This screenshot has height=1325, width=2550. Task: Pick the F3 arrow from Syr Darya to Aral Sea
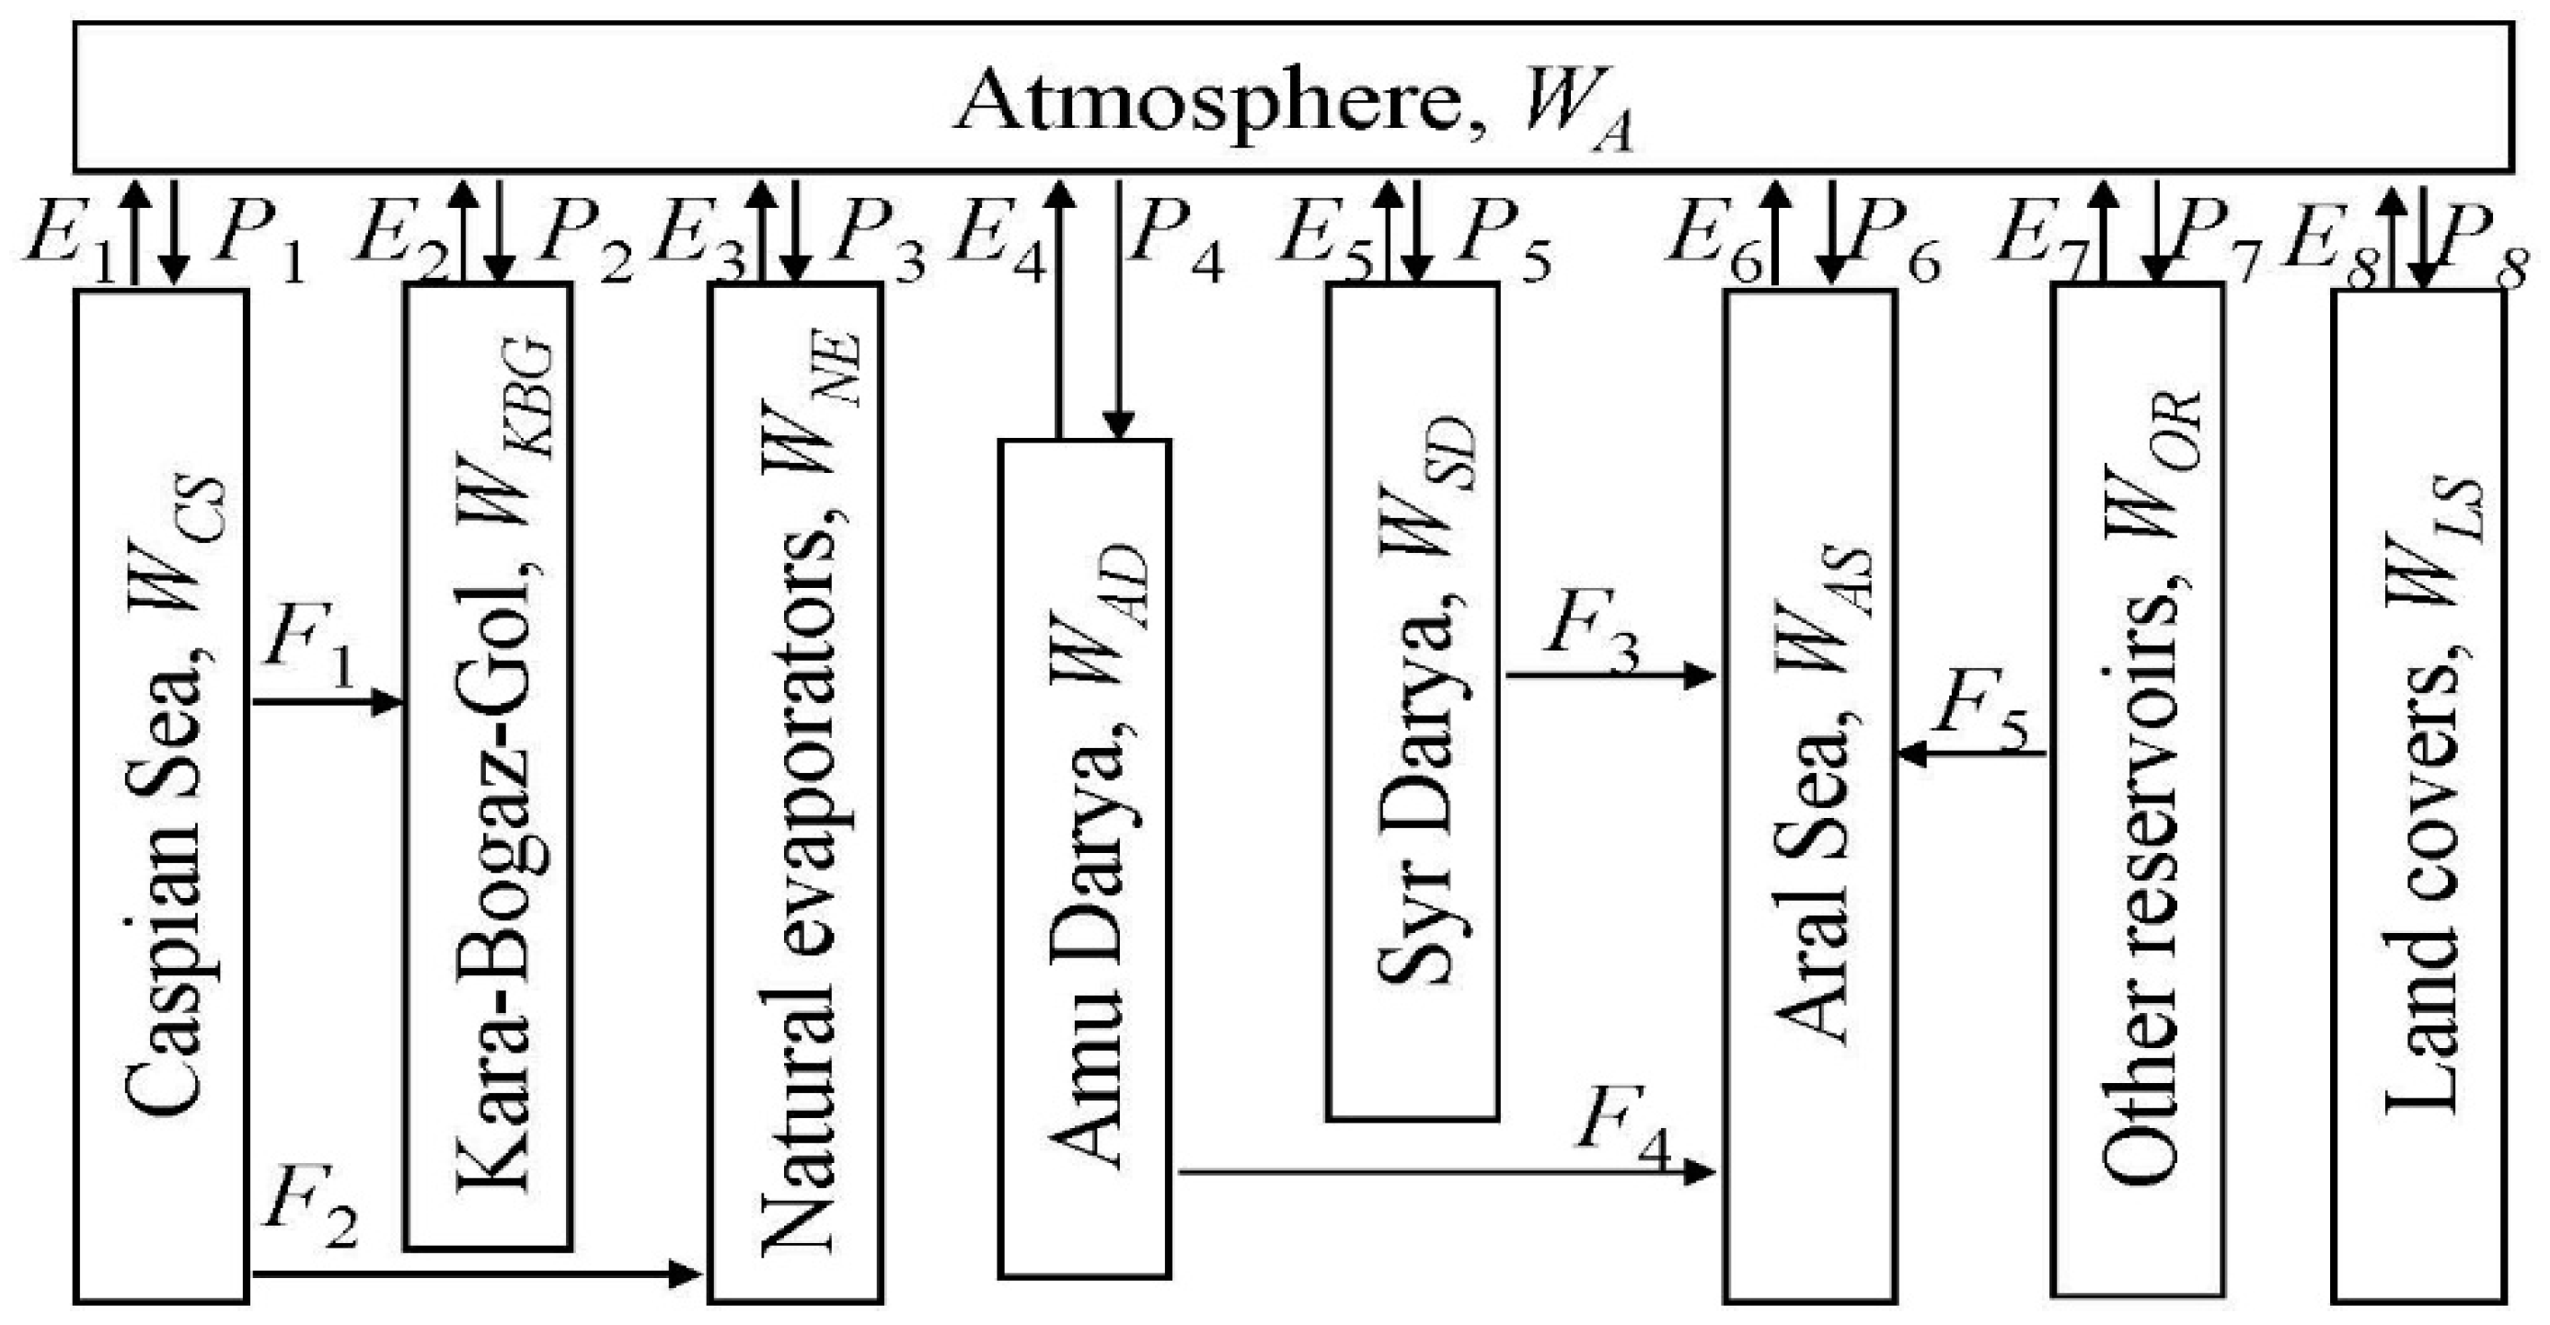pyautogui.click(x=1610, y=677)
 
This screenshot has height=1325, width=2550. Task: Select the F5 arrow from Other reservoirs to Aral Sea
pyautogui.click(x=1970, y=754)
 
